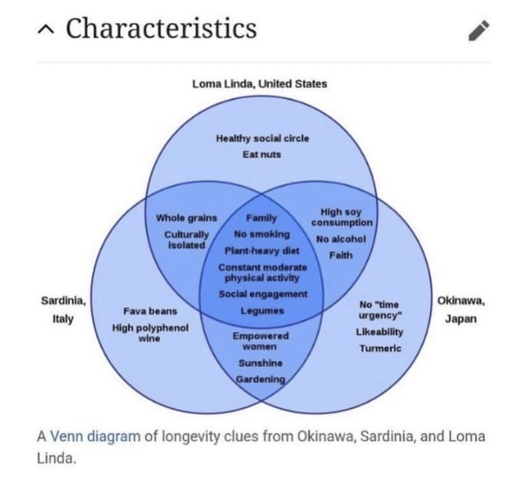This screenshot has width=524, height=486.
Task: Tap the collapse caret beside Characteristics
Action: [x=45, y=30]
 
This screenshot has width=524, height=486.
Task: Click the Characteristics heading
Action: [x=161, y=29]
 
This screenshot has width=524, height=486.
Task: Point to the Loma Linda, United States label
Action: [x=259, y=84]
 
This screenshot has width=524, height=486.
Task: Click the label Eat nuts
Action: [x=262, y=154]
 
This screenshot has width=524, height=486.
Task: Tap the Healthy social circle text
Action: [x=262, y=138]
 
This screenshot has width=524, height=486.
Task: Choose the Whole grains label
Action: [x=187, y=218]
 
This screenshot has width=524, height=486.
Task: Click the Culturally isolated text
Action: [x=187, y=240]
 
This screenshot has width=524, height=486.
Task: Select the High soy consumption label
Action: [x=342, y=217]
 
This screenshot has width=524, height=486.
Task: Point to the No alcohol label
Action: [x=340, y=239]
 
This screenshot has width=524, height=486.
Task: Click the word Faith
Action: [x=340, y=255]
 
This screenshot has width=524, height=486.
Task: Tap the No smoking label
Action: [x=261, y=234]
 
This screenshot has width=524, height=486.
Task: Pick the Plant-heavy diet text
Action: [x=261, y=250]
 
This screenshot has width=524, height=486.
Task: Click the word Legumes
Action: [x=262, y=310]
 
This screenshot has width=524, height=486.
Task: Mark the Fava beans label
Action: [x=150, y=311]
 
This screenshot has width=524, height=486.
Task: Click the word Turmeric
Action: [x=380, y=348]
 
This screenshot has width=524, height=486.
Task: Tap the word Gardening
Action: [x=261, y=379]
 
